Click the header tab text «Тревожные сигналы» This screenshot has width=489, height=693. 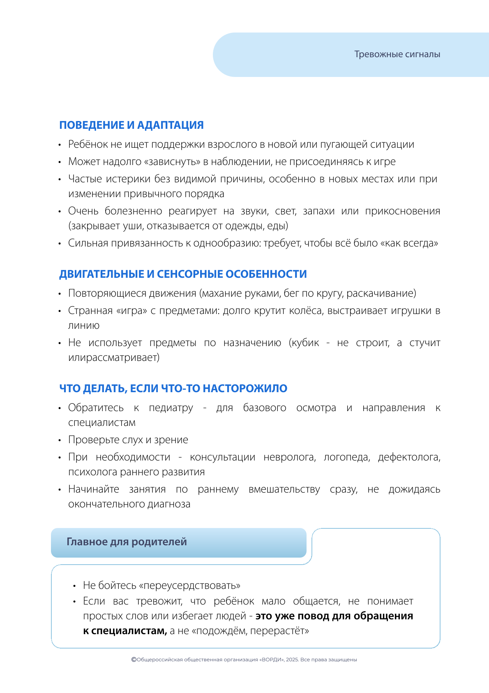(397, 54)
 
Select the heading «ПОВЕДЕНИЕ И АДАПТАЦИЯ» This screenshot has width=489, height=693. (131, 125)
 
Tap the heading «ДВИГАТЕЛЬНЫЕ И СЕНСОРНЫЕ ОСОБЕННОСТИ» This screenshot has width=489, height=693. (183, 274)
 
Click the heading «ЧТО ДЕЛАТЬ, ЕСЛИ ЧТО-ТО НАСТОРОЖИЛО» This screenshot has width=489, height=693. (173, 388)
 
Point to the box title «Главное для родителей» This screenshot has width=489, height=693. (127, 542)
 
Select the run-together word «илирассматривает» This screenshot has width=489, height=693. (114, 358)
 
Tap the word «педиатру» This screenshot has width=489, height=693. (171, 408)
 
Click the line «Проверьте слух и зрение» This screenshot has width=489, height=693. (128, 440)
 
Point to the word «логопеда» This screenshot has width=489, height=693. (347, 457)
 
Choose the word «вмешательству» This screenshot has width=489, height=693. (284, 489)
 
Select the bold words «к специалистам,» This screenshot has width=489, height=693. (125, 631)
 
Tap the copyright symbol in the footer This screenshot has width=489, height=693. (134, 660)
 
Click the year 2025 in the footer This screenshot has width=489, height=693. (292, 660)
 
